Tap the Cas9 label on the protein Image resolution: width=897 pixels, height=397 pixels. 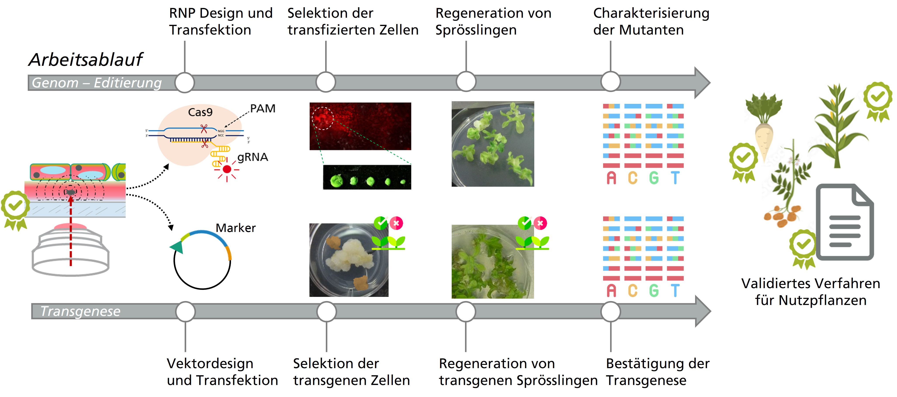(200, 112)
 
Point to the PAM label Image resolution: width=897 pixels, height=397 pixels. (263, 109)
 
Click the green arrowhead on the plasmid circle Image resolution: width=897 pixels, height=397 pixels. (177, 247)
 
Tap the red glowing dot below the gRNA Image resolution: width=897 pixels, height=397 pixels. (227, 169)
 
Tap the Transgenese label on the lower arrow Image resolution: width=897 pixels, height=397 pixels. (80, 311)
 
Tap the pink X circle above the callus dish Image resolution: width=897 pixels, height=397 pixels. (396, 223)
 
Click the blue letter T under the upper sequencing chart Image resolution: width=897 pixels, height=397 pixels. (675, 178)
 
